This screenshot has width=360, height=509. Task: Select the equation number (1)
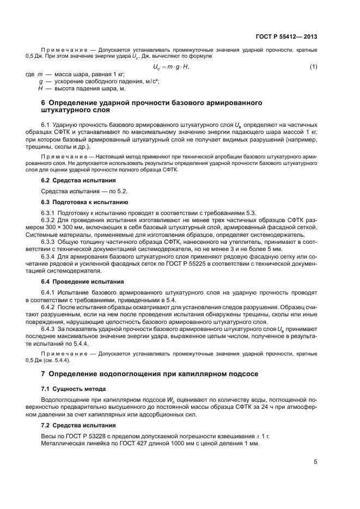pos(313,66)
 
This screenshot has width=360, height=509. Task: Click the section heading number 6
pos(44,102)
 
